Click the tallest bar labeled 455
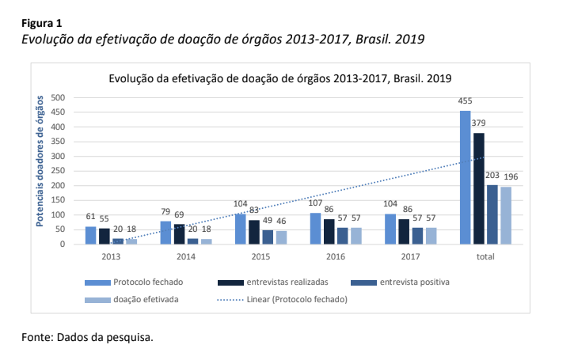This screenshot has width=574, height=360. [466, 177]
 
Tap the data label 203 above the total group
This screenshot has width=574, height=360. [492, 176]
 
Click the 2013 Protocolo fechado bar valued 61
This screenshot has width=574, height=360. [91, 235]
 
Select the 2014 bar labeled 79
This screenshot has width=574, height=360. [165, 233]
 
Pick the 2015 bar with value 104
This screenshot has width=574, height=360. [241, 229]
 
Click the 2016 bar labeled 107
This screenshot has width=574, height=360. [316, 229]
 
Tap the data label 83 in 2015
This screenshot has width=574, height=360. [253, 210]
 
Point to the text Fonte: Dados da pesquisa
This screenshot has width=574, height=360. [87, 338]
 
